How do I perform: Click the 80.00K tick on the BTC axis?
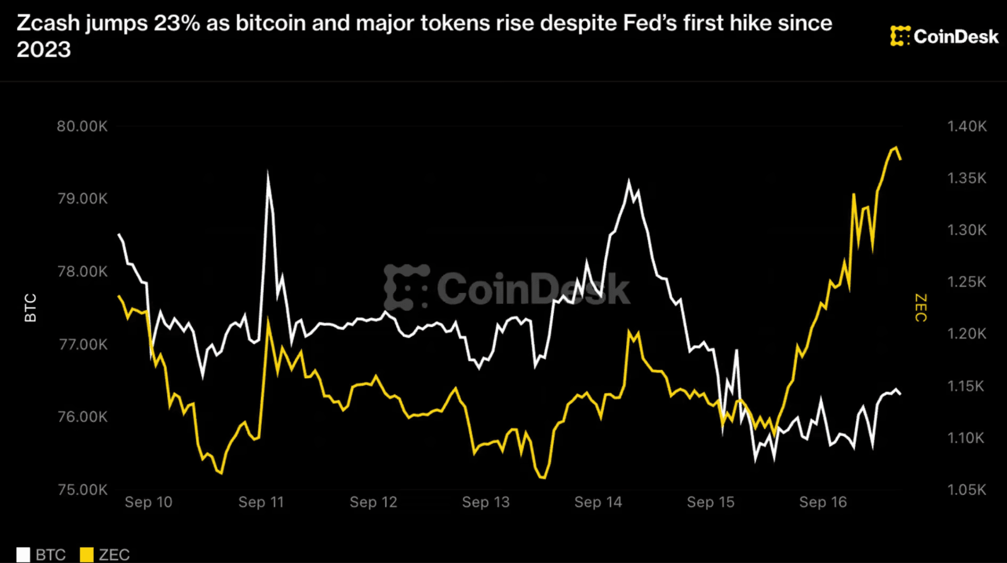(82, 126)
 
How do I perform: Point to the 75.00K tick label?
(82, 490)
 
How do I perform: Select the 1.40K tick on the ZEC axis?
(967, 126)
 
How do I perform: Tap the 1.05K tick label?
(967, 490)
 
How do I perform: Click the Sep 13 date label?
(486, 502)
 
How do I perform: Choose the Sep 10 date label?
(148, 502)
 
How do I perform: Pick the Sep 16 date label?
(823, 502)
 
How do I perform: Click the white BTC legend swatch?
(23, 555)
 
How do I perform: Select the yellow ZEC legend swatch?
(87, 555)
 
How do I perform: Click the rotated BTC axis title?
(30, 308)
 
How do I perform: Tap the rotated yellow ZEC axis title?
(921, 308)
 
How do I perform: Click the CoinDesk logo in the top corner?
(944, 36)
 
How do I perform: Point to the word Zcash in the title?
(48, 23)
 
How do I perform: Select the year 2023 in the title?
(44, 50)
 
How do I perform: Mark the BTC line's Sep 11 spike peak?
(267, 172)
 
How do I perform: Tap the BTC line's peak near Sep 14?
(628, 181)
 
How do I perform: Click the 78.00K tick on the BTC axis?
(82, 271)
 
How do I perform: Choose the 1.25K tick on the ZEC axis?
(967, 282)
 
